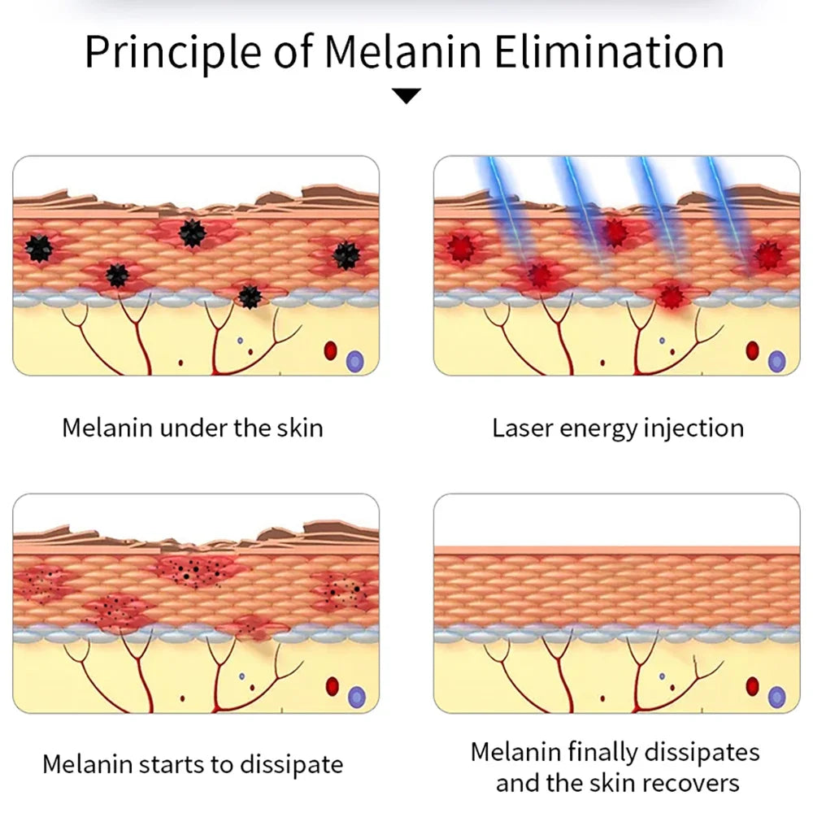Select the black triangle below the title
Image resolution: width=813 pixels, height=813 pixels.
[406, 96]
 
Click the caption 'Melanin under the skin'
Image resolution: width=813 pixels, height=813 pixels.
[193, 428]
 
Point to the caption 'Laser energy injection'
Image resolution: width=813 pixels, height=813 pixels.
[618, 428]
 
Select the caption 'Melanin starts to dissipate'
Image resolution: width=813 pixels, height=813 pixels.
[193, 764]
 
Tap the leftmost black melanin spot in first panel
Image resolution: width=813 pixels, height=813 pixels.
[38, 248]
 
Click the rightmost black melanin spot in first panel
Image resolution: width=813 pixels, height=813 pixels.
[346, 255]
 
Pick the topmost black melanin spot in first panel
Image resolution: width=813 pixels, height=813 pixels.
[192, 233]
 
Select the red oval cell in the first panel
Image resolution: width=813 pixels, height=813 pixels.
[331, 350]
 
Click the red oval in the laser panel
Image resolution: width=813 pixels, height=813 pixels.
[752, 350]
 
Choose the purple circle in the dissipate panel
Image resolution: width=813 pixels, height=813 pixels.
[355, 697]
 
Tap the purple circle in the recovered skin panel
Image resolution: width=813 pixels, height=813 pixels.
[776, 697]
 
